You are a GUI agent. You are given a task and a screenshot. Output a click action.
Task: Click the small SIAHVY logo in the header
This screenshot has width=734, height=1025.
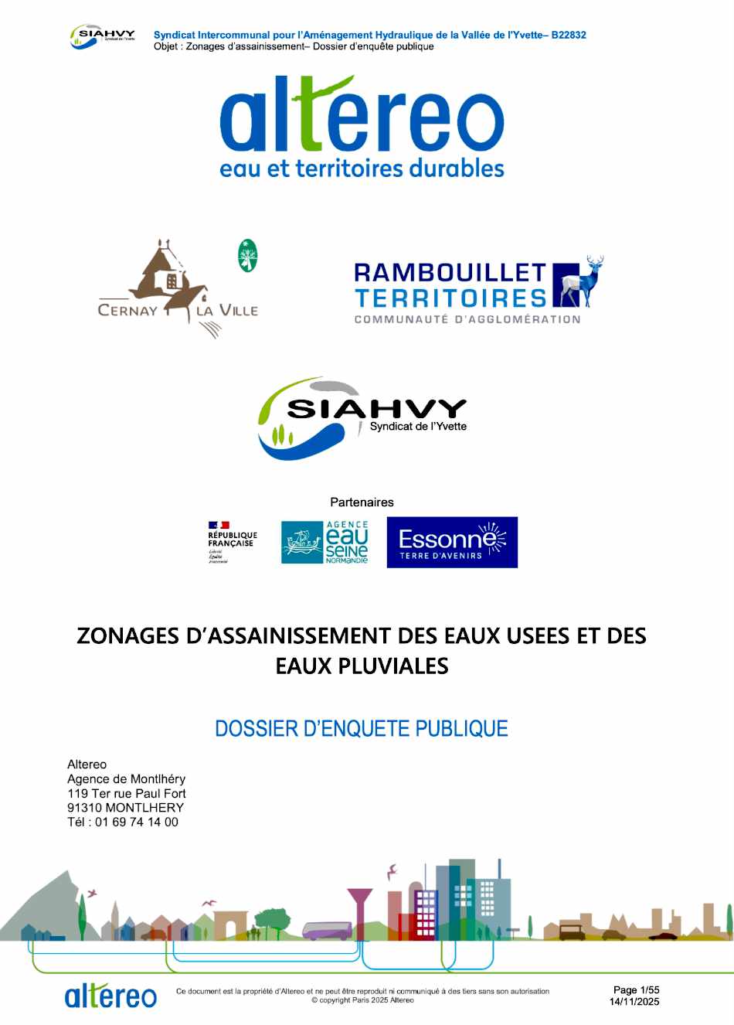tap(103, 37)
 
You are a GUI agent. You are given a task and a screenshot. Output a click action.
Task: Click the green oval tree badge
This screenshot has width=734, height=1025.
tap(247, 256)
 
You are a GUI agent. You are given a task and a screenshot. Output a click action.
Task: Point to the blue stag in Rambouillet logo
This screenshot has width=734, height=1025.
tap(583, 281)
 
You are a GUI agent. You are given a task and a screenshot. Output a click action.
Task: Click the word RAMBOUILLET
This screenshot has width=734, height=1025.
tap(450, 273)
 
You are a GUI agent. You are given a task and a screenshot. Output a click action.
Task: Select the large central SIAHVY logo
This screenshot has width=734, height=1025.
tap(362, 417)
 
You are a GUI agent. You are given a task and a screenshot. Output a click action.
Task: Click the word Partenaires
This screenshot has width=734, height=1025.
tap(362, 502)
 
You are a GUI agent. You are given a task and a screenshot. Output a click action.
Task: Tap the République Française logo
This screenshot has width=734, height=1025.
tap(232, 542)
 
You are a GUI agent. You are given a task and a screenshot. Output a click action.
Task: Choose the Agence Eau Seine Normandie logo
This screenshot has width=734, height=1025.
tap(325, 542)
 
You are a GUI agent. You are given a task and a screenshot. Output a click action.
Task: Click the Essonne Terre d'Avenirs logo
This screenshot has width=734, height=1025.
tap(452, 542)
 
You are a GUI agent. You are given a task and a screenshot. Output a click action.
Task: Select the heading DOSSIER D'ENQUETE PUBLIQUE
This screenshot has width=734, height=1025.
tap(362, 729)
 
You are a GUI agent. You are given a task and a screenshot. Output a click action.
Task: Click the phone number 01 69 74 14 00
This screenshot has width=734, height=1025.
tap(137, 822)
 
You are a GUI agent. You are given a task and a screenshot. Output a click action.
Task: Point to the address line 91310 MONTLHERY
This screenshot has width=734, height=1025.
tap(125, 808)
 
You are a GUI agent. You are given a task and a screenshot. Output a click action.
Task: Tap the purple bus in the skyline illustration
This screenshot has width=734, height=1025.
tap(328, 931)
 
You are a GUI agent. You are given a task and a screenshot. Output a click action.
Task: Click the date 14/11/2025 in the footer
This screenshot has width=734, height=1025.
tap(634, 1002)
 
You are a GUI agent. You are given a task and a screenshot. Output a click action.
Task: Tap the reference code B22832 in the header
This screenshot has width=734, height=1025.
tap(569, 35)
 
